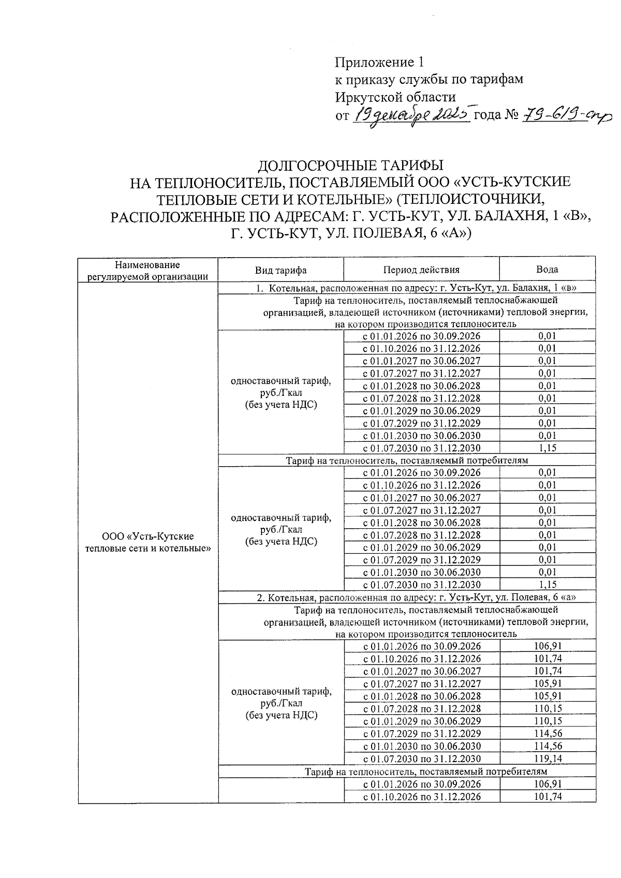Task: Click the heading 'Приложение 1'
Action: coord(379,63)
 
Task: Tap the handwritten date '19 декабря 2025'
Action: coord(412,114)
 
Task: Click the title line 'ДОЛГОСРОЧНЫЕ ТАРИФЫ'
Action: coord(350,166)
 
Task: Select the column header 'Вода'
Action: coord(547,270)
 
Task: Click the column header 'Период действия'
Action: coord(421,270)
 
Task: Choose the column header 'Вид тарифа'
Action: coord(280,270)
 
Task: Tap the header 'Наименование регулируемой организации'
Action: coord(147,270)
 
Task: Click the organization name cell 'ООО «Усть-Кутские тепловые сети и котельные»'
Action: coord(148,542)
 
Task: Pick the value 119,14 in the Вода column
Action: coord(548,759)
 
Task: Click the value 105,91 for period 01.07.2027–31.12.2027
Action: coord(548,683)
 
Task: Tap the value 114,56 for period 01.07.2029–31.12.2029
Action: coord(548,733)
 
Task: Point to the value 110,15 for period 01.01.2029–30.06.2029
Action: coord(548,721)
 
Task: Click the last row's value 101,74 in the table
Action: coord(548,796)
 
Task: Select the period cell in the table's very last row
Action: coord(421,796)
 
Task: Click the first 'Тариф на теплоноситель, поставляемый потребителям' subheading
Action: coord(407,460)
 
